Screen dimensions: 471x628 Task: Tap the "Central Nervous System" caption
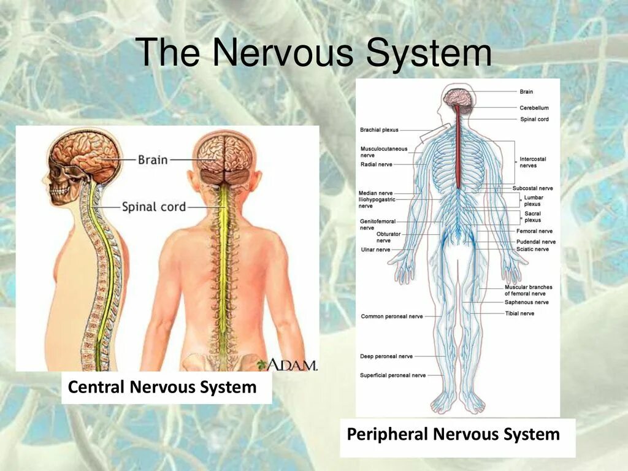[162, 388]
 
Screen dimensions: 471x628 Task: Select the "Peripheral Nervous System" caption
[453, 435]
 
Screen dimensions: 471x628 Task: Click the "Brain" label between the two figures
[153, 159]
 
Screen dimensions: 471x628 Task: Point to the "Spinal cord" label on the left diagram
[153, 207]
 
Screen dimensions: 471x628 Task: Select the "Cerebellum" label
[534, 108]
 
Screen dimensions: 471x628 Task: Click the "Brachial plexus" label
[379, 130]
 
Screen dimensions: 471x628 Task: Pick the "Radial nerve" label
[377, 164]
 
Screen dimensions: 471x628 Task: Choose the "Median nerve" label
[377, 193]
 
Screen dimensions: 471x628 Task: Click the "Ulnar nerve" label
[375, 250]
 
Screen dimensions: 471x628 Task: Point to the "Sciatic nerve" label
[532, 249]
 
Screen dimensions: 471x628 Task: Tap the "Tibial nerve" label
[519, 313]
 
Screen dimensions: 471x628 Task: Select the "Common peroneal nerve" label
[392, 316]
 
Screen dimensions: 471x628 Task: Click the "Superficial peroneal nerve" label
[392, 375]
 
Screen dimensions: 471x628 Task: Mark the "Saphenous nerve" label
[527, 302]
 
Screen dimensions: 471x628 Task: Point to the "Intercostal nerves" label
[532, 162]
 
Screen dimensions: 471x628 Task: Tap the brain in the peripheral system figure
[458, 97]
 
